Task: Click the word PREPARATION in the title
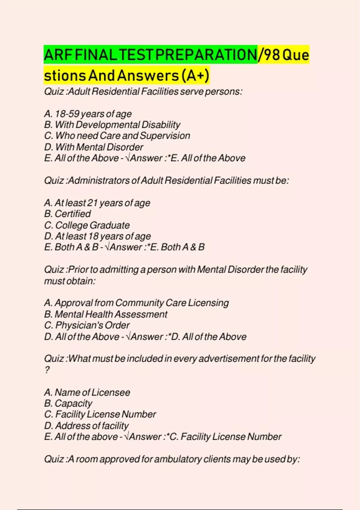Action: point(206,55)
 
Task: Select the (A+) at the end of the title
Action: point(195,75)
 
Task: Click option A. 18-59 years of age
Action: point(88,114)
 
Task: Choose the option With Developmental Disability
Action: point(112,125)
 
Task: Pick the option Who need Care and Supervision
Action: point(117,136)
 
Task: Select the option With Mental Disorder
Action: point(93,147)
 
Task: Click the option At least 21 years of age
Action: point(97,203)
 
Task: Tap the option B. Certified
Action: point(67,214)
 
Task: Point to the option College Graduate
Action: point(87,225)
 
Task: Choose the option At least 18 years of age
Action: point(97,236)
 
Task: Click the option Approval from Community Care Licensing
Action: point(136,303)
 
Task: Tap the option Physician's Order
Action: point(87,325)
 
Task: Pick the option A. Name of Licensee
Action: point(87,392)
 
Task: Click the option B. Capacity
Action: point(68,403)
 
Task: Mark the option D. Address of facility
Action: point(86,426)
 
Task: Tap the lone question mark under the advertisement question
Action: point(47,370)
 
